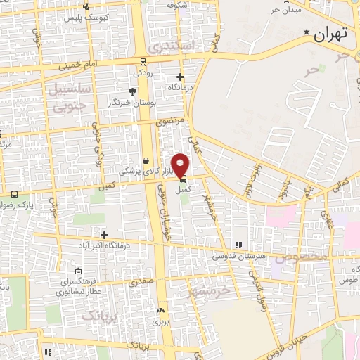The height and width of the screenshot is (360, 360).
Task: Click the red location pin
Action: point(181,166)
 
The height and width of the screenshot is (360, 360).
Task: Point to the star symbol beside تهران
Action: point(307,32)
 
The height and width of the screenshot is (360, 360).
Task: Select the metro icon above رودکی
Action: point(143,61)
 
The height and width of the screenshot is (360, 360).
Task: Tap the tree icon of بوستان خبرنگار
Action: point(131,91)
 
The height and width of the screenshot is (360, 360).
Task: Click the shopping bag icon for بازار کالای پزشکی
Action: point(146,160)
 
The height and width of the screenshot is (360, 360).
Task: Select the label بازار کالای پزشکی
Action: point(141,171)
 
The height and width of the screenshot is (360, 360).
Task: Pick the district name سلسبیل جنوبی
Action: point(67,96)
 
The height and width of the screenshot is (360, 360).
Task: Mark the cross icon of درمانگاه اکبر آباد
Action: point(105,234)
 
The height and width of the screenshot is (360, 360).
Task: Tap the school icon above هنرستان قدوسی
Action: point(238,244)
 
